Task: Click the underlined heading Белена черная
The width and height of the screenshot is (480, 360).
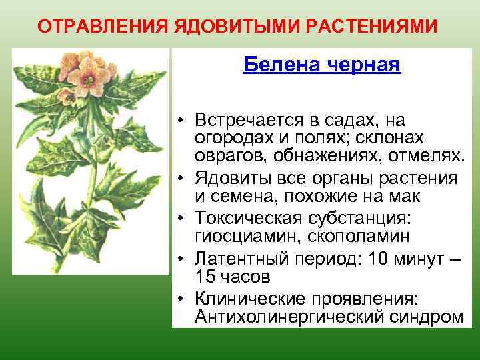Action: (x=321, y=65)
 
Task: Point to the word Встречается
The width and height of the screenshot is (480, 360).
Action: (x=244, y=120)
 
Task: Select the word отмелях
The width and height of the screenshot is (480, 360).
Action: (x=428, y=156)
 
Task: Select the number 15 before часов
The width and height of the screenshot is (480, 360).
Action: (x=205, y=276)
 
